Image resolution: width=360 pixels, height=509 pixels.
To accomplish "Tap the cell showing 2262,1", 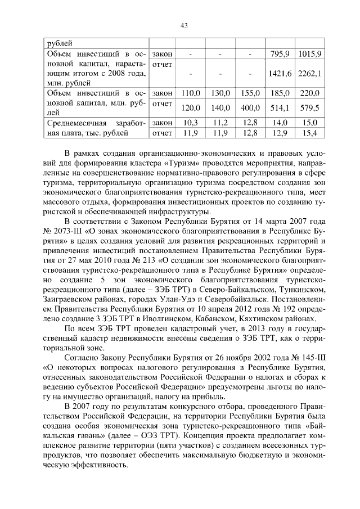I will click(x=309, y=73).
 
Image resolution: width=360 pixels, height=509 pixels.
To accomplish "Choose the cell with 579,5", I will click(x=309, y=108).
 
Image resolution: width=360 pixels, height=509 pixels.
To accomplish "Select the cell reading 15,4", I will click(x=309, y=133).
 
